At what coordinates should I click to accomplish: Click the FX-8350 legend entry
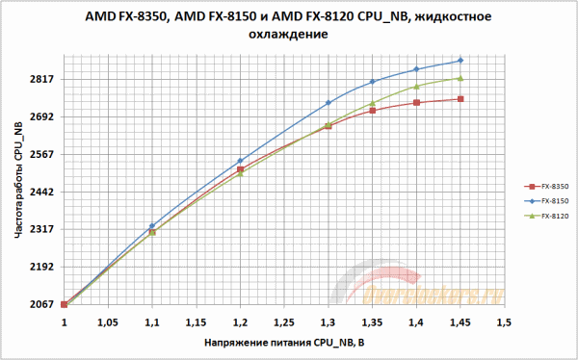click(549, 185)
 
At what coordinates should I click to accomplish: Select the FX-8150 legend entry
click(549, 200)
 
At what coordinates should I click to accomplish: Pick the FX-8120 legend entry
click(549, 216)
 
